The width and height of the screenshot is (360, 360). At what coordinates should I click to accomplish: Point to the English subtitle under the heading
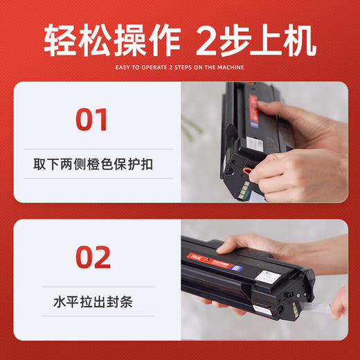180,67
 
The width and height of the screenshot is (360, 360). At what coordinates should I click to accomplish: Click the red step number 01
92,119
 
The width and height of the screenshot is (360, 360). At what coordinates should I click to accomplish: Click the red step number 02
92,257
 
